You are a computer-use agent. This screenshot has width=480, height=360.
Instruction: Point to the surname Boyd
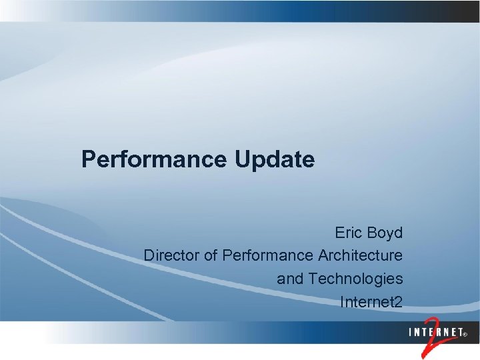click(x=386, y=233)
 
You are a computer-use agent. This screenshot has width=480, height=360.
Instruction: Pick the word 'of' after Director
click(x=210, y=255)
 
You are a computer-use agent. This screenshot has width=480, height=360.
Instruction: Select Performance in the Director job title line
click(x=268, y=255)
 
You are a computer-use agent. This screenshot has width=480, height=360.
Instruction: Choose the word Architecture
click(x=360, y=255)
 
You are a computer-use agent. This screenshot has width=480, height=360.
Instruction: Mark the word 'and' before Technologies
click(x=290, y=279)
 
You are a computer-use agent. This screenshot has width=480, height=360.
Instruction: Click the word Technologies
click(x=356, y=279)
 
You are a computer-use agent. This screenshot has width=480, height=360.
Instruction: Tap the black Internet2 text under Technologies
click(x=371, y=302)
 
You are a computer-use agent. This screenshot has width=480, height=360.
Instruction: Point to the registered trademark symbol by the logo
click(x=465, y=333)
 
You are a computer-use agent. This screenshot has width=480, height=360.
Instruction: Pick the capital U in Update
click(x=242, y=160)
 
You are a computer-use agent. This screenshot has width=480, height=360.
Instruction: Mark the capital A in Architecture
click(x=323, y=255)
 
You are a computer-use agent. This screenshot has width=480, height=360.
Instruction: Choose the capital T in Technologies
click(x=313, y=279)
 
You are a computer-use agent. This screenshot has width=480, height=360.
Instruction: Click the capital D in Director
click(x=149, y=255)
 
